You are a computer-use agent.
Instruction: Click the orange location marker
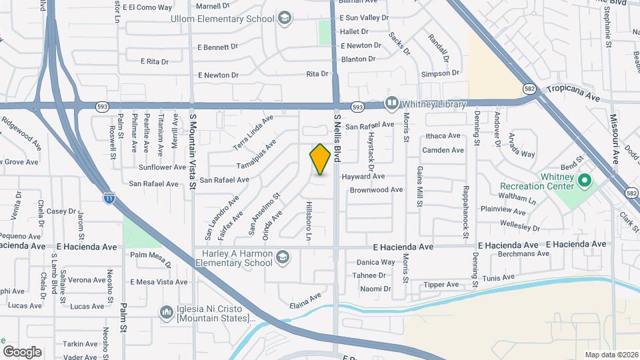tap(320, 159)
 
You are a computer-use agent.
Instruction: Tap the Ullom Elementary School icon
tap(285, 17)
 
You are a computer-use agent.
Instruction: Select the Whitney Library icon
tap(391, 104)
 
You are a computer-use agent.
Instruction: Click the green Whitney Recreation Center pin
tap(585, 180)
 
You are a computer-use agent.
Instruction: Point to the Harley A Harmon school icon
tap(283, 257)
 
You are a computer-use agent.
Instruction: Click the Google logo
tap(22, 351)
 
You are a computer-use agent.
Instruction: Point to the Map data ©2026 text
tap(610, 354)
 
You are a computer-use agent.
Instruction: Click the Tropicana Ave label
tap(573, 92)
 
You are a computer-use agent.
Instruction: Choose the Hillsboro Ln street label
tap(309, 221)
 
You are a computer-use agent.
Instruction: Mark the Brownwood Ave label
tap(377, 190)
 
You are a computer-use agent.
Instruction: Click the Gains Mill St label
tap(420, 188)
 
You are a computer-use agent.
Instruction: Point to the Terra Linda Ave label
tap(253, 133)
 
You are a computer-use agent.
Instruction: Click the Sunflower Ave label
tap(163, 167)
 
